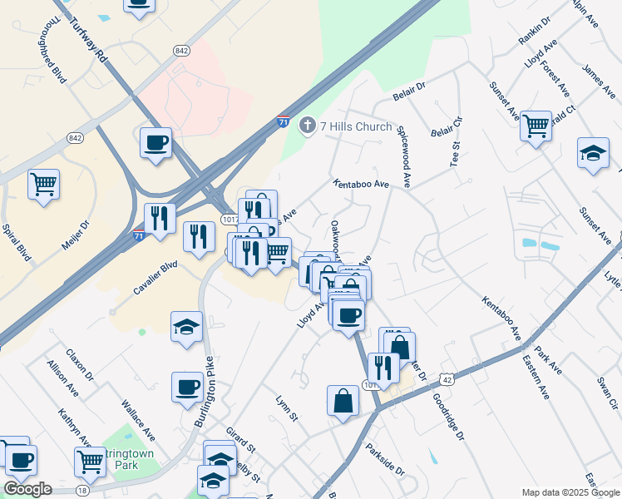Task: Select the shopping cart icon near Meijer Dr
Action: click(x=43, y=183)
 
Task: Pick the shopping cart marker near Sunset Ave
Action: click(x=536, y=126)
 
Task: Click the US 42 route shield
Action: click(x=447, y=379)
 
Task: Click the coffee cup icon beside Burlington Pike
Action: click(x=187, y=386)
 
